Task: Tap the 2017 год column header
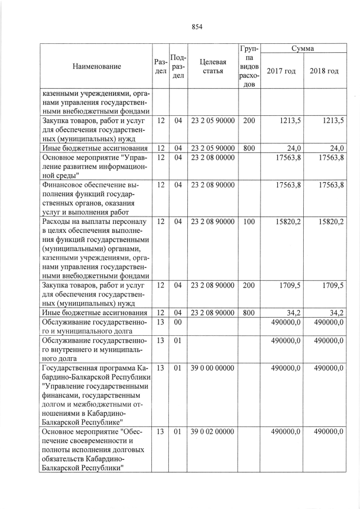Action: tap(281, 72)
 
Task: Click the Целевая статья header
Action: tap(213, 66)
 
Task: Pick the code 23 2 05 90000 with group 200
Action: tap(213, 121)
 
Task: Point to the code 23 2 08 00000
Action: tap(213, 158)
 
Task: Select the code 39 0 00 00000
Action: tap(213, 368)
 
